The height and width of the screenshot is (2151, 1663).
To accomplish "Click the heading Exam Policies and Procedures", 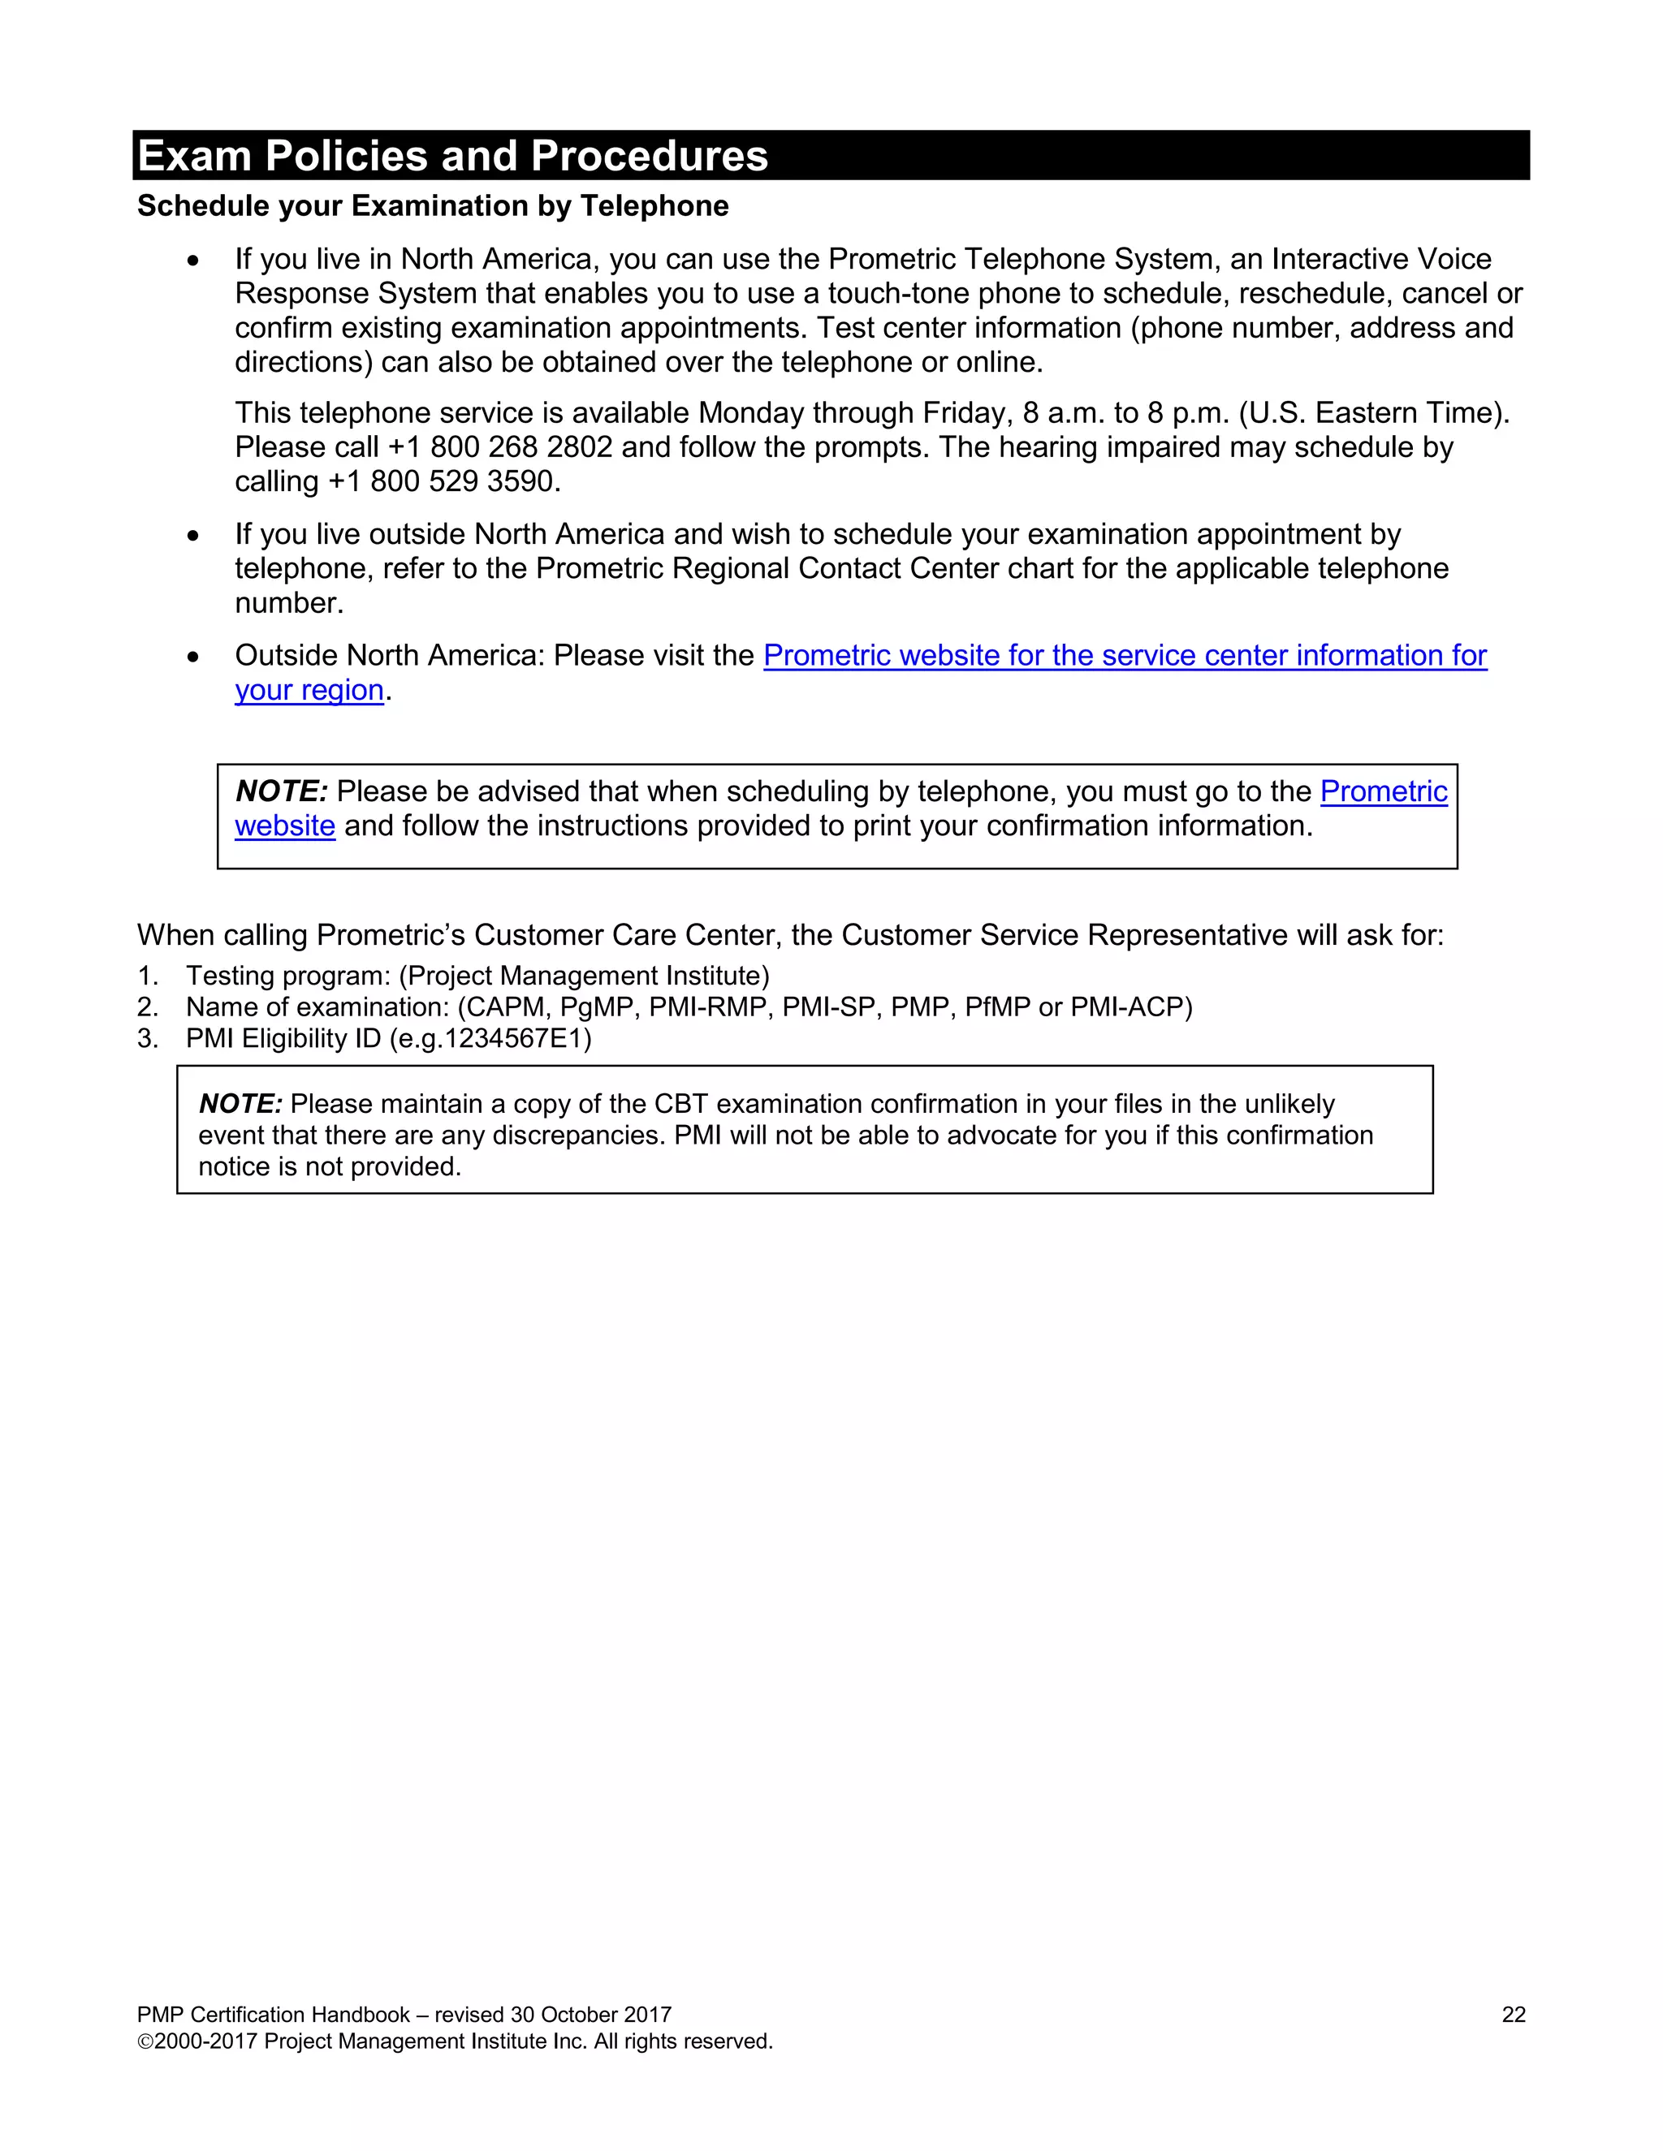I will pyautogui.click(x=452, y=156).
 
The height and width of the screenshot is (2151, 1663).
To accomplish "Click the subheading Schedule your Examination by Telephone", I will pyautogui.click(x=433, y=206).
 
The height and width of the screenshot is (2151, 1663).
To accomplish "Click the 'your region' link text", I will pyautogui.click(x=309, y=691).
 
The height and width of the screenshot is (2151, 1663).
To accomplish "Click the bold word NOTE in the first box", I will pyautogui.click(x=281, y=792).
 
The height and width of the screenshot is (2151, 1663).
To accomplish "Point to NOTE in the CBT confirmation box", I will pyautogui.click(x=240, y=1104).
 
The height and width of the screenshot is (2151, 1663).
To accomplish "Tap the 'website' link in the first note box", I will pyautogui.click(x=285, y=826).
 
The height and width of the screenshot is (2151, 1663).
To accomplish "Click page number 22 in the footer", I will pyautogui.click(x=1514, y=2015).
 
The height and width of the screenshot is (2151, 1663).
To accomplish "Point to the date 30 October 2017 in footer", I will pyautogui.click(x=590, y=2015).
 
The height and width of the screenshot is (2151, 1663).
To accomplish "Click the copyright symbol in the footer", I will pyautogui.click(x=145, y=2041).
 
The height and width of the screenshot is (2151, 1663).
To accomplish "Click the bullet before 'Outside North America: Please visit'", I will pyautogui.click(x=193, y=657).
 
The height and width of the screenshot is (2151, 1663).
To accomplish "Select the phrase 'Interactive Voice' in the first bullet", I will pyautogui.click(x=1381, y=259).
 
